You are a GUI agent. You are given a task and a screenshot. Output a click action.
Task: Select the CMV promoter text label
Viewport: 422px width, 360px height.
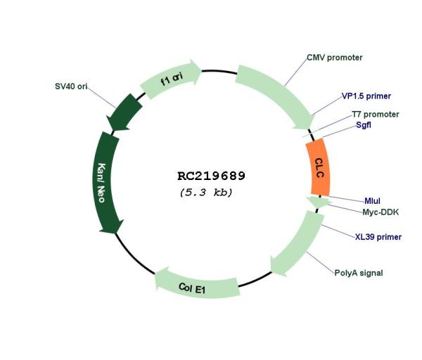coord(335,58)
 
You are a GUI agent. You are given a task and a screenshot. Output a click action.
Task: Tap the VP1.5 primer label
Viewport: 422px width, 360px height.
coord(366,96)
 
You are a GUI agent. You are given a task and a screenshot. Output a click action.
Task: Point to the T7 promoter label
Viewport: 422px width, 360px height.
coord(376,115)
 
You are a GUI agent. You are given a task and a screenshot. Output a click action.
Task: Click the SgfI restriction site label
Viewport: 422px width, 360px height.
coord(364,125)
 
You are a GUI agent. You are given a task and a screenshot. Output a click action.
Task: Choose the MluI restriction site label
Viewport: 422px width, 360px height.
coord(372,201)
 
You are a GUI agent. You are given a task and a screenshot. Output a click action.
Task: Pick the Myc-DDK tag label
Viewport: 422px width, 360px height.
coord(381,212)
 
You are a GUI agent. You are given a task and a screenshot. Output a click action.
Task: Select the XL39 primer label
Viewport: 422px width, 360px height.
coord(378,237)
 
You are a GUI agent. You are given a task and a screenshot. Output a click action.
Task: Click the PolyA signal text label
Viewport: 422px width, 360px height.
coord(359,273)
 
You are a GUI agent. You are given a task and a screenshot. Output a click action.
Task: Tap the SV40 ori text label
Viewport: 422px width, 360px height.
coord(71,86)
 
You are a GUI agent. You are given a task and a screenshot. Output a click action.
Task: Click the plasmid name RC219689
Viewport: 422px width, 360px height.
coord(211,176)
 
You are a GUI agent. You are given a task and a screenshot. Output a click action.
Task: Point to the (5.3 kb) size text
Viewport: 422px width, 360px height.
coord(206,193)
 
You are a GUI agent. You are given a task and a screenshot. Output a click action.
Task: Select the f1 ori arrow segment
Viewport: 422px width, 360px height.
coord(171,79)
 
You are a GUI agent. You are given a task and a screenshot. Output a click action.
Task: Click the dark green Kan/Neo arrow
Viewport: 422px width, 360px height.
coord(105,182)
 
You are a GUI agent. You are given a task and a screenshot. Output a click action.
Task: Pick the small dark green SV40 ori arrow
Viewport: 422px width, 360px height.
coord(124,112)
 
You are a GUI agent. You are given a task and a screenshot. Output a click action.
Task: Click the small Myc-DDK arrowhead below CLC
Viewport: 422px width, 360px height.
coord(319,202)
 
